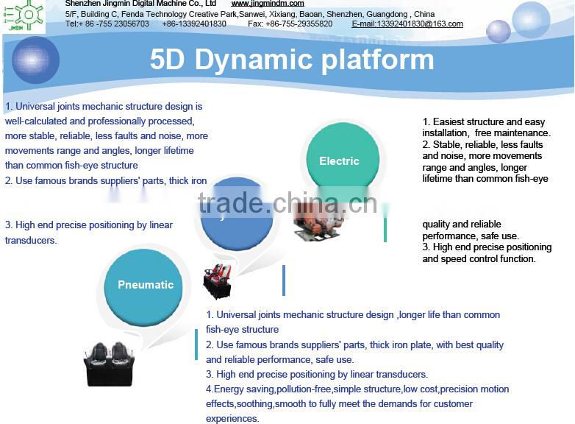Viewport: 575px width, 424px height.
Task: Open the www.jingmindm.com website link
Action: [267, 4]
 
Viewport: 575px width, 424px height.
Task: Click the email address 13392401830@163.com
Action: [407, 24]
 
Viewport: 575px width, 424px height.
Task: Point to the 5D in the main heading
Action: [168, 60]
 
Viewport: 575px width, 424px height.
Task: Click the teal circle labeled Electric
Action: [339, 161]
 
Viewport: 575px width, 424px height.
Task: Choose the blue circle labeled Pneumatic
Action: [146, 285]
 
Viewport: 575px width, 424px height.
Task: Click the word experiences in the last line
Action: [232, 418]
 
